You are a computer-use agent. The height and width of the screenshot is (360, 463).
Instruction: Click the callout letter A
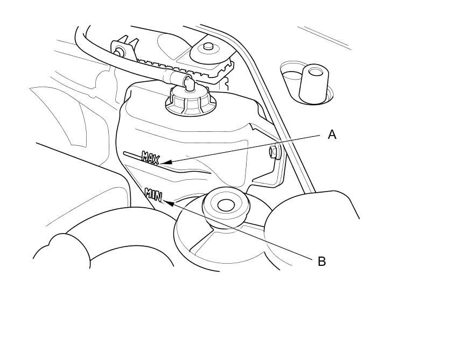pos(332,135)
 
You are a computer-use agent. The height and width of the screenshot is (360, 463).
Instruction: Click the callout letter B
pos(321,262)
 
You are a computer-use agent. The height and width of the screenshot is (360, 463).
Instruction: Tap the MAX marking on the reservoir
pos(151,158)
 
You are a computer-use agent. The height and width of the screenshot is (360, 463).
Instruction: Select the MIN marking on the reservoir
pos(153,195)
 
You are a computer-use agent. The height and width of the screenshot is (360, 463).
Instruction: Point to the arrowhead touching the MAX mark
pos(166,162)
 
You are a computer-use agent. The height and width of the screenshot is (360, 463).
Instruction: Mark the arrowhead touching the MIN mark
pos(169,203)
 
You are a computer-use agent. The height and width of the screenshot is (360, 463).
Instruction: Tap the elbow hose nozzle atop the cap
pos(188,82)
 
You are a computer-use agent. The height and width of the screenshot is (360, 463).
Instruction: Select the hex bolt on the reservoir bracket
pos(273,152)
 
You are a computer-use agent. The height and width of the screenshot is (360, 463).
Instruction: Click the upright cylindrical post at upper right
pos(314,84)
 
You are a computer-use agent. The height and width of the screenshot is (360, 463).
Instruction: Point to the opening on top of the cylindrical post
pos(315,71)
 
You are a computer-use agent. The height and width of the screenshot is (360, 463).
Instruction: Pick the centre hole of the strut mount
pos(226,205)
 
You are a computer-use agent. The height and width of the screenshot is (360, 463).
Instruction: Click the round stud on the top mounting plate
pos(208,46)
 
